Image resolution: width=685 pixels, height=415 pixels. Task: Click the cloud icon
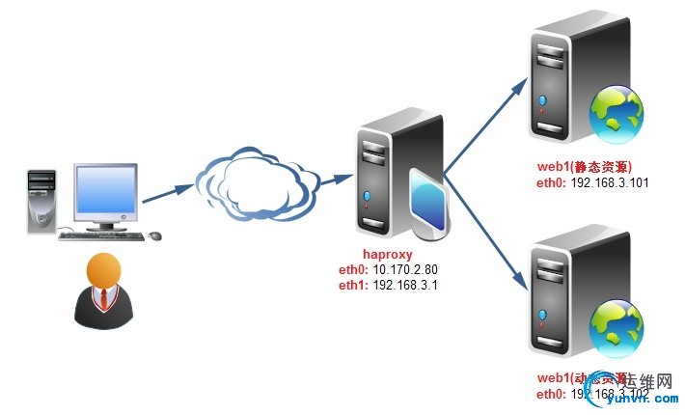tap(257, 183)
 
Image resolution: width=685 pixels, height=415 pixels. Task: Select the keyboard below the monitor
tap(100, 235)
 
